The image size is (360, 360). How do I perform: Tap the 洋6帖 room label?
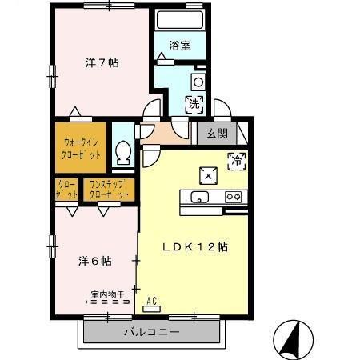click(x=94, y=261)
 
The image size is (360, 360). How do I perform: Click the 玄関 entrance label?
click(x=217, y=134)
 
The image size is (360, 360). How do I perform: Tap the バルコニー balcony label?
click(x=152, y=331)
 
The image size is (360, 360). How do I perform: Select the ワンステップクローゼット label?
click(x=108, y=190)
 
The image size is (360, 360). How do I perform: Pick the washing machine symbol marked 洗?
click(x=194, y=102)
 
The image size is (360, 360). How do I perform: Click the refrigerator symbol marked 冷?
click(x=237, y=158)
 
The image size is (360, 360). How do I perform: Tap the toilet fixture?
click(x=124, y=152)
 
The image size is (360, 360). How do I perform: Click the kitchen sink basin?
click(x=199, y=198)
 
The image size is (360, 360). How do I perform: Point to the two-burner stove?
click(x=233, y=197)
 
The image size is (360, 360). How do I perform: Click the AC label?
click(x=152, y=302)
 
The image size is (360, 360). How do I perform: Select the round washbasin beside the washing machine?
click(x=198, y=81)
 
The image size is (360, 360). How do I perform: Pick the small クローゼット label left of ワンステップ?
click(x=67, y=190)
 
